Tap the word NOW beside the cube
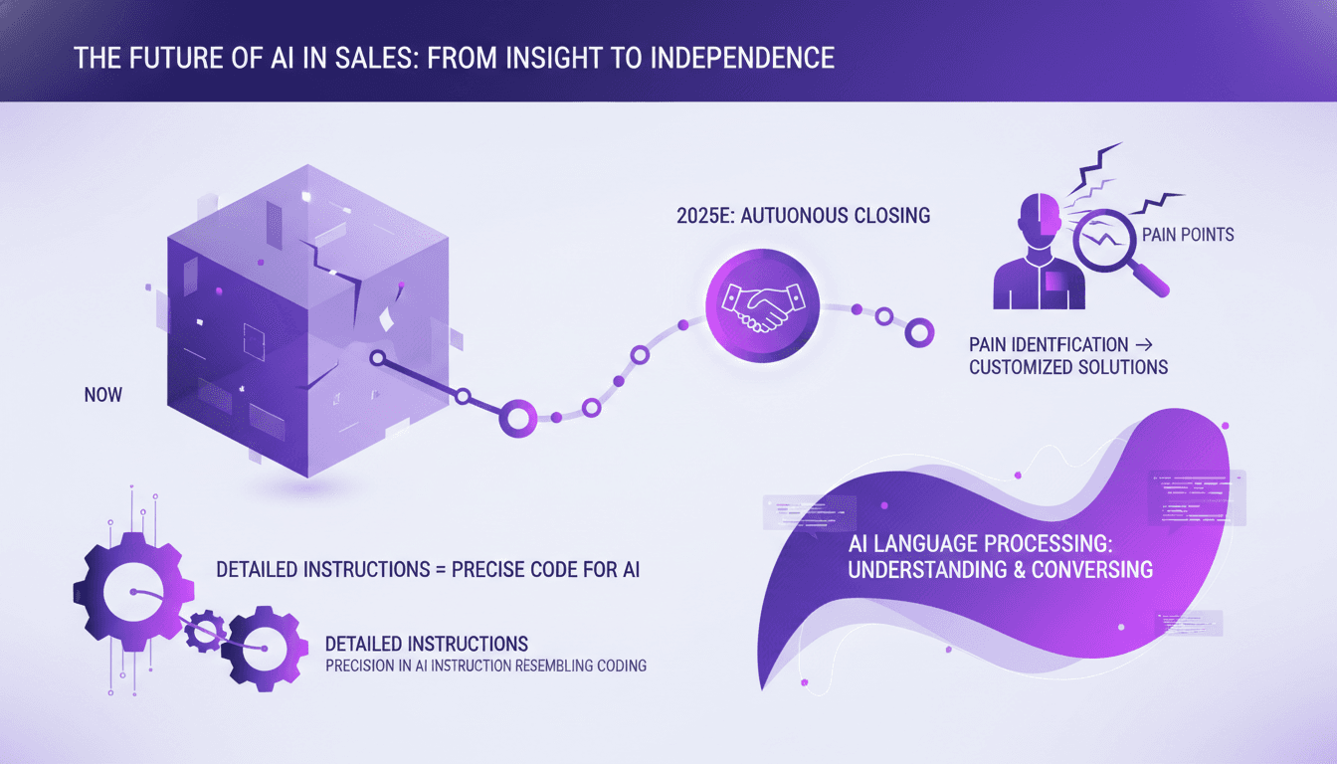click(x=103, y=395)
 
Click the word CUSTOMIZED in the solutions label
click(x=1020, y=367)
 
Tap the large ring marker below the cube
click(x=517, y=417)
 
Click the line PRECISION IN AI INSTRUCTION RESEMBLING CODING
click(x=485, y=666)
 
